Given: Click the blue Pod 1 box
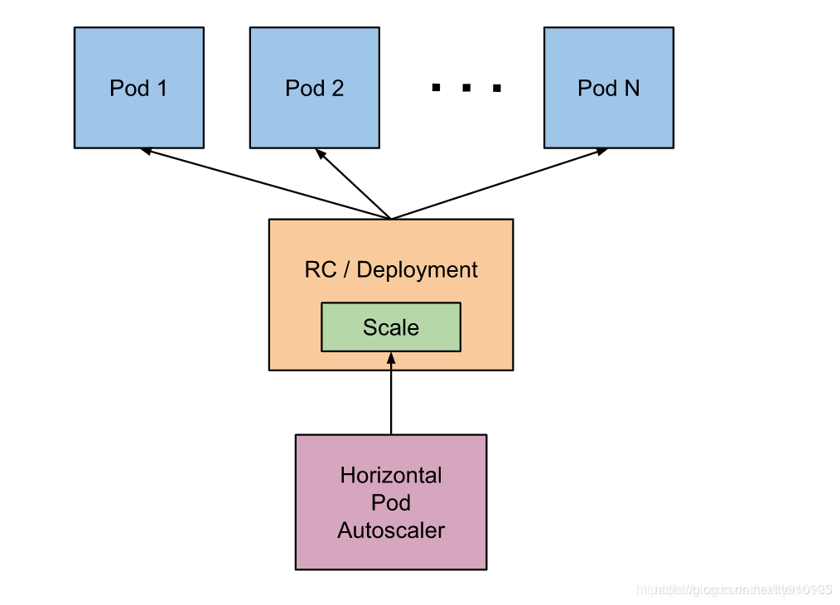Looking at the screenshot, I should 138,88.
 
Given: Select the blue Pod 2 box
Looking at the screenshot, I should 314,88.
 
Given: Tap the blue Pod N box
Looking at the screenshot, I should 608,88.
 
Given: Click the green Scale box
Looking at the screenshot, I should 390,327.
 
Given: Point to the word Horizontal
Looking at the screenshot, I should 391,476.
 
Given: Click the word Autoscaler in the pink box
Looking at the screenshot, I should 391,530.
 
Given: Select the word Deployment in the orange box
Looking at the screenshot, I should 418,270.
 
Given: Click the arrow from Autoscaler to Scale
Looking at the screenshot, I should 391,398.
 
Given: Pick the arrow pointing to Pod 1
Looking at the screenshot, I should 265,184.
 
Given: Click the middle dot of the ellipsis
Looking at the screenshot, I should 466,87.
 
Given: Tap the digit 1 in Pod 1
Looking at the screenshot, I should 161,88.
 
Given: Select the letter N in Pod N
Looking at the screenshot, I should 631,88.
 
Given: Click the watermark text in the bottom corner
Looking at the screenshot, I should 734,590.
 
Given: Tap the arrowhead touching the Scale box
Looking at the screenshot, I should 391,357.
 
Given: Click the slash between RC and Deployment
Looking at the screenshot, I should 346,270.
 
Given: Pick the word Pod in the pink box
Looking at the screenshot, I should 391,503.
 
